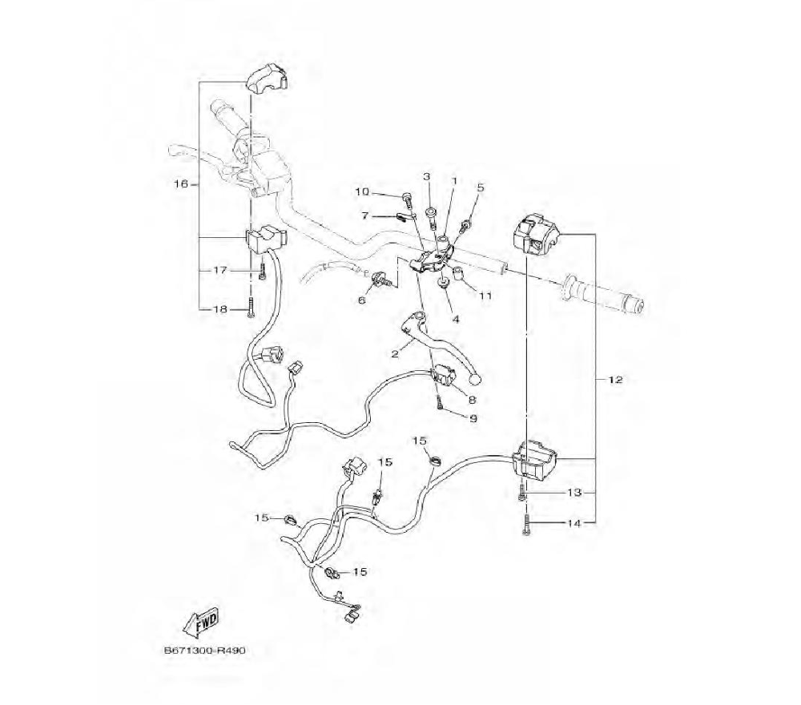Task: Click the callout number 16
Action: tap(180, 183)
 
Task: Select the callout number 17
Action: tap(219, 269)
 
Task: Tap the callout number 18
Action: tap(219, 308)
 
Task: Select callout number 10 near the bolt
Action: tap(362, 191)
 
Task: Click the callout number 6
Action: tap(361, 300)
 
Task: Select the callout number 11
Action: tap(485, 296)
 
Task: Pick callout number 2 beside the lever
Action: tap(394, 353)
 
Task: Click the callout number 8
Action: tap(473, 398)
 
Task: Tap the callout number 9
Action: tap(473, 417)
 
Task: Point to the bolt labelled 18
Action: tap(252, 308)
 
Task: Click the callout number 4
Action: tap(455, 318)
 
